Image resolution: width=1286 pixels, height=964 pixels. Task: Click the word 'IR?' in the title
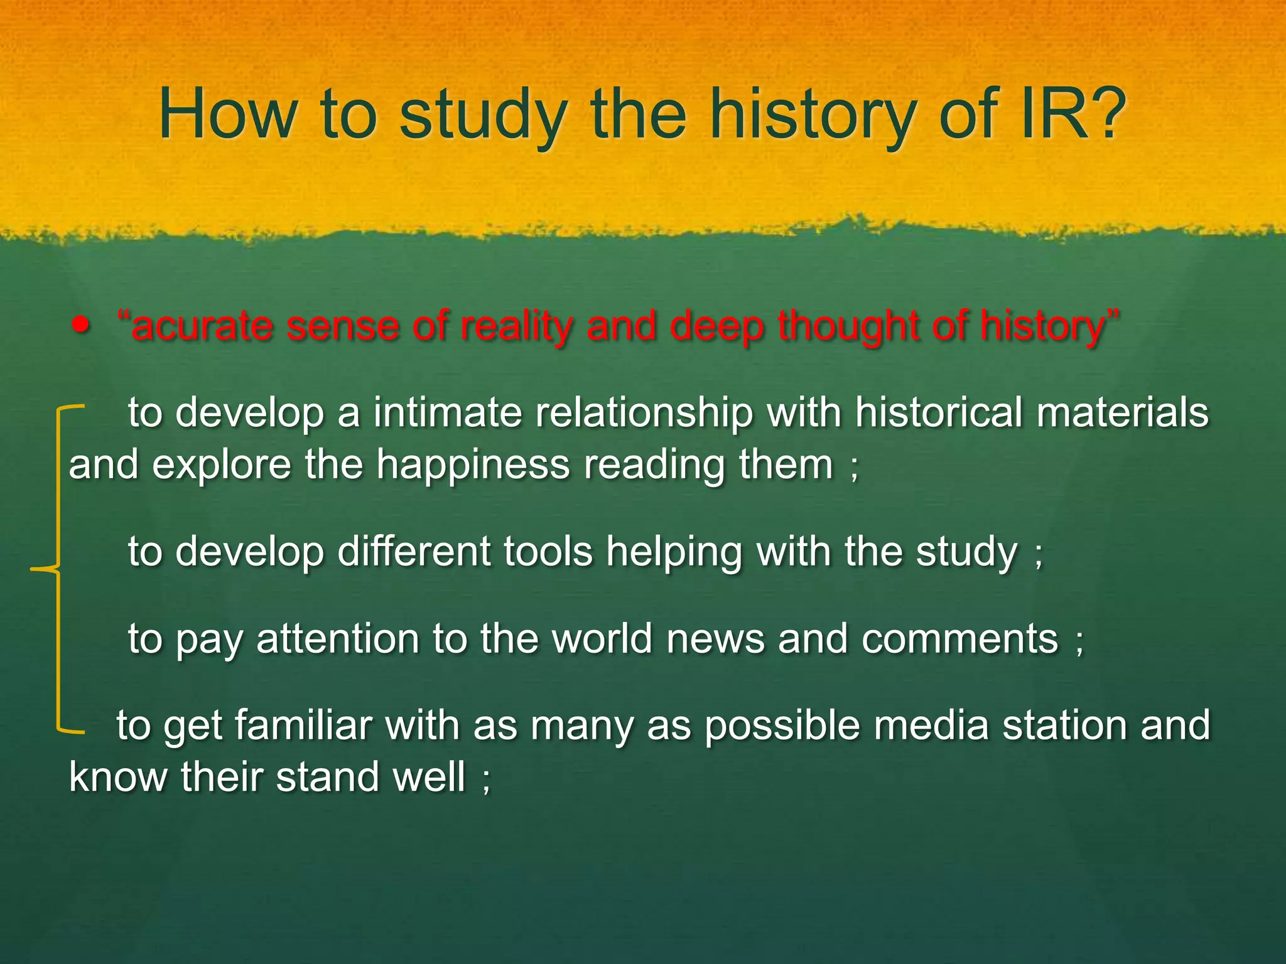[x=1074, y=114]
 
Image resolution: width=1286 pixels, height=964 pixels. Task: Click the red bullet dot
[x=81, y=326]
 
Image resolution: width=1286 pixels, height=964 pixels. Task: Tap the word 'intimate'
[x=447, y=413]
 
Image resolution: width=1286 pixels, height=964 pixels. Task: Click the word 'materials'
[x=1122, y=413]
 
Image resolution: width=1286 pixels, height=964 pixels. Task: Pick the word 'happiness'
[x=472, y=465]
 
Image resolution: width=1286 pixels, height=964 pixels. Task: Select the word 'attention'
[x=338, y=639]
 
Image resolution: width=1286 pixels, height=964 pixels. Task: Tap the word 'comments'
[x=959, y=639]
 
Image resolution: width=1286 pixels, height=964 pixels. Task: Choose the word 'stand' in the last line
[x=327, y=777]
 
